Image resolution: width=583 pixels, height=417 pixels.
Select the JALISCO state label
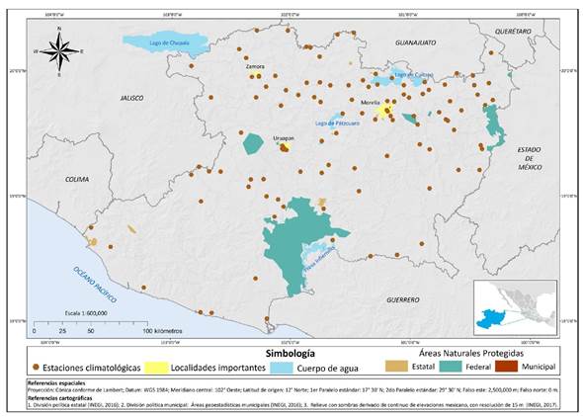[131, 98]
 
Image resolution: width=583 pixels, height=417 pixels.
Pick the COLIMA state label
[76, 179]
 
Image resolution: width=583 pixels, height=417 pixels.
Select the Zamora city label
[255, 66]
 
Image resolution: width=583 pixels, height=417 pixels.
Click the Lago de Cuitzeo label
[412, 74]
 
